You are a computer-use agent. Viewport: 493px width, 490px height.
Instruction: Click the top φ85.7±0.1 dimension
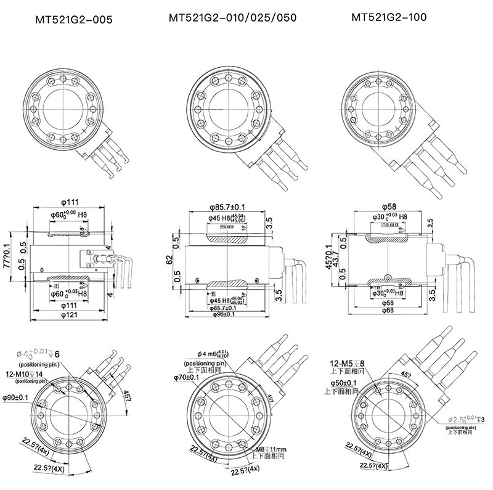pyautogui.click(x=228, y=206)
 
